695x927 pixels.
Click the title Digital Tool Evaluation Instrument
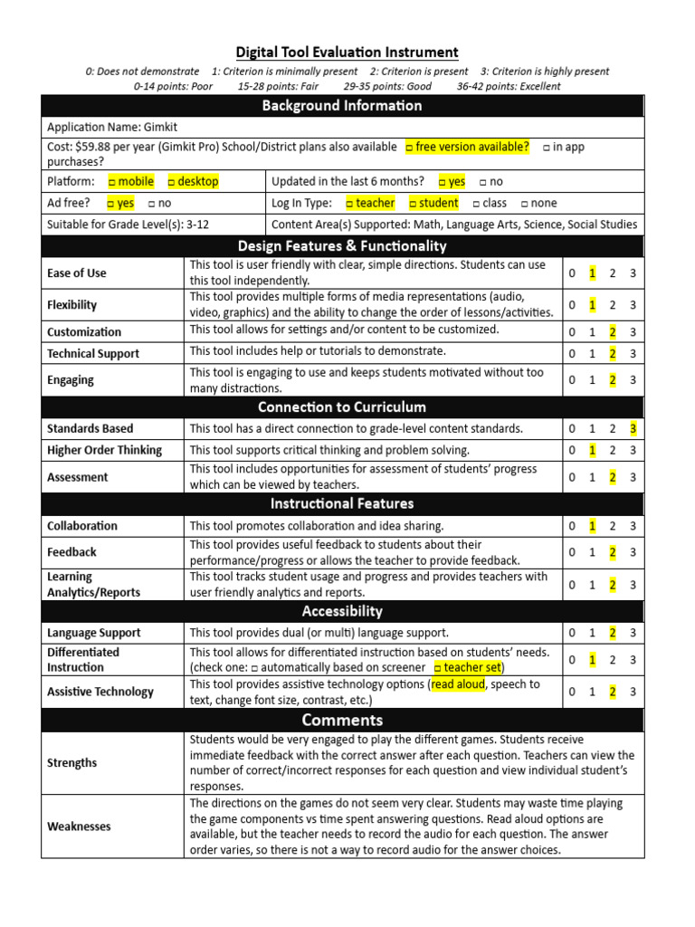point(347,53)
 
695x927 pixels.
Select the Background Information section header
point(342,106)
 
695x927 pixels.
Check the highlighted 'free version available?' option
point(467,147)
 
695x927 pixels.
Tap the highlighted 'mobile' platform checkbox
point(131,181)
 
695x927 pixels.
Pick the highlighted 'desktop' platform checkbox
point(193,181)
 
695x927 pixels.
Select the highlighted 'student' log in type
point(433,203)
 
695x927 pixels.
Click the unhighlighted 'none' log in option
point(539,203)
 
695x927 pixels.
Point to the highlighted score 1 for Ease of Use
point(592,272)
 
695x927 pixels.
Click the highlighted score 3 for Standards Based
point(633,428)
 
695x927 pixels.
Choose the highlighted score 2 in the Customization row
point(613,331)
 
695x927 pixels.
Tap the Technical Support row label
point(93,354)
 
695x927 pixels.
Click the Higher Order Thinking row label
point(104,450)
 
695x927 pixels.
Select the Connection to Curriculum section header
point(342,407)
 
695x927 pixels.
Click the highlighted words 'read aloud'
point(458,684)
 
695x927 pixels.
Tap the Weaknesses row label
point(79,826)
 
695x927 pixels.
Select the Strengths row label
point(71,762)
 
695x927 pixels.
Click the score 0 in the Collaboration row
point(571,526)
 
